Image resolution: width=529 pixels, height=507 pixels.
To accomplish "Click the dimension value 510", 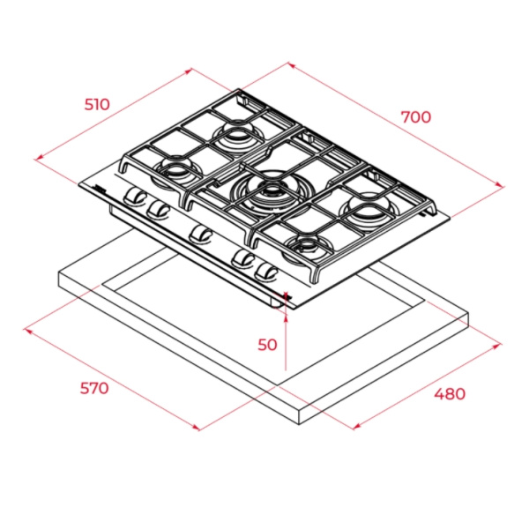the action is coord(97,104).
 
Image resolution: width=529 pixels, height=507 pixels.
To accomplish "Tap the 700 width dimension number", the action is coord(416,117).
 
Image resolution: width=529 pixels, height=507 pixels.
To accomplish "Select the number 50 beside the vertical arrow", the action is coord(267,345).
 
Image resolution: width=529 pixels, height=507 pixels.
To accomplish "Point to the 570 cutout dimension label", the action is coord(94,388).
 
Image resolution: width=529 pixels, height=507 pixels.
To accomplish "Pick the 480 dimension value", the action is coord(450,393).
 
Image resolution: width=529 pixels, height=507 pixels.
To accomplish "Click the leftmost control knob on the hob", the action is coord(135,197).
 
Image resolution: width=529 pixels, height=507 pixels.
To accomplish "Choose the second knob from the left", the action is coord(158,210).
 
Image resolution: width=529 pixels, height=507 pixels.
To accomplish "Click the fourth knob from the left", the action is coord(243,259).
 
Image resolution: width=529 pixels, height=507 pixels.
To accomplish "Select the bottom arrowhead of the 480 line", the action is coord(356,427).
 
